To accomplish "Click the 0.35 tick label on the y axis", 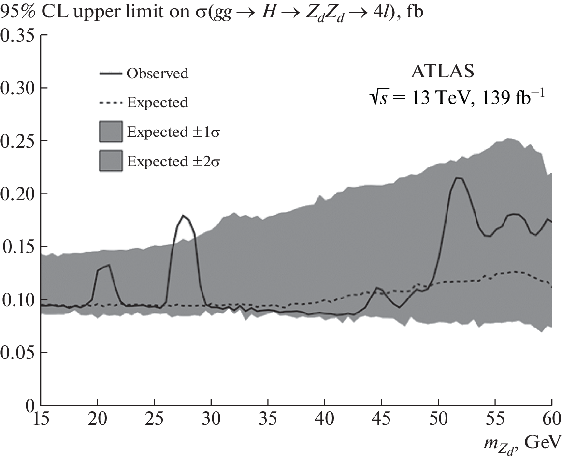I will click(18, 36).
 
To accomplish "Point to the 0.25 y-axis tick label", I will click(18, 141).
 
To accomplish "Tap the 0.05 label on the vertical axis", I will click(18, 353).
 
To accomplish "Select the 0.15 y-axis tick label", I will click(18, 247).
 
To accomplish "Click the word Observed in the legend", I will click(157, 74).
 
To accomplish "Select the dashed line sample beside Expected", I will click(111, 103).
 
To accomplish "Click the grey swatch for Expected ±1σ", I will click(111, 132).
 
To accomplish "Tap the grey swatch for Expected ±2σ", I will click(111, 161).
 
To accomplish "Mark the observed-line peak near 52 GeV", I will click(459, 178).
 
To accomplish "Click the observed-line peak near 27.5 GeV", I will click(183, 216).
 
